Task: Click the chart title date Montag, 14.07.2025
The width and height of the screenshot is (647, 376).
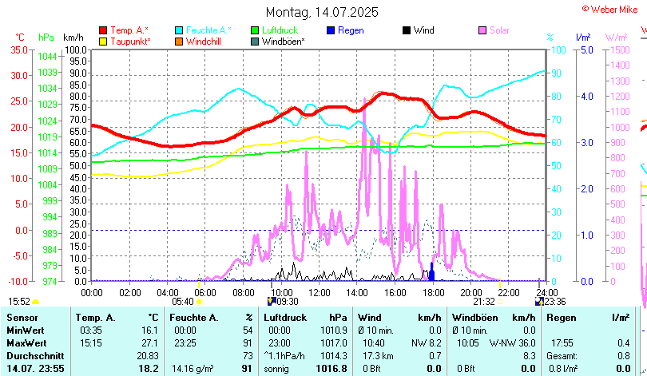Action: [x=322, y=13]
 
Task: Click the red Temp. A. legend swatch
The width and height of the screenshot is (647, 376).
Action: [x=104, y=30]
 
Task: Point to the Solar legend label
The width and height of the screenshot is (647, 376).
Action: [x=499, y=30]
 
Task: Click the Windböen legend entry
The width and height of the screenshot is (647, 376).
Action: [x=283, y=41]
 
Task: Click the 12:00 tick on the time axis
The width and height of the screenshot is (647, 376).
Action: [x=319, y=291]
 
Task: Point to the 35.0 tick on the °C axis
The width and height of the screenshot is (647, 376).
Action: [x=19, y=49]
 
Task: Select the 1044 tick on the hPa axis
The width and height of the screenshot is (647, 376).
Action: [x=47, y=57]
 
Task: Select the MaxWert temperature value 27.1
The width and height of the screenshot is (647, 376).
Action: [x=148, y=342]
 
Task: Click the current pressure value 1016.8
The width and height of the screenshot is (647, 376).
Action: [x=331, y=368]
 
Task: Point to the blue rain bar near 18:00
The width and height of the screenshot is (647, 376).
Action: [x=431, y=273]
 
